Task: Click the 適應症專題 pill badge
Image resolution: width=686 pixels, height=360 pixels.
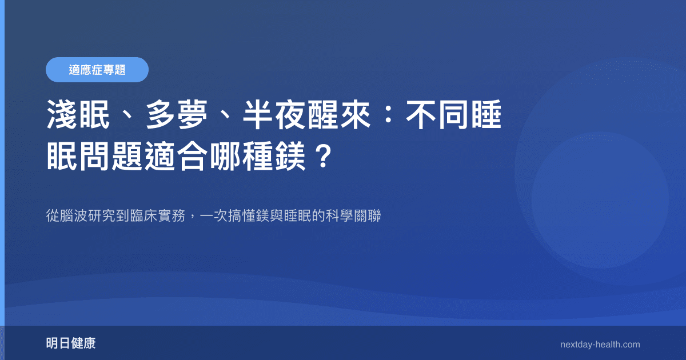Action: [97, 70]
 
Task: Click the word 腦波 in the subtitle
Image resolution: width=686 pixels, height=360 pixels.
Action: [74, 217]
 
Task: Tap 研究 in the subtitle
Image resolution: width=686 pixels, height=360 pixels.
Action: [101, 217]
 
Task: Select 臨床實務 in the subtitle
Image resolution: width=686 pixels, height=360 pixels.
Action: [157, 217]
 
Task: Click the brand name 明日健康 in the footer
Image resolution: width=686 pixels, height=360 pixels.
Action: [71, 344]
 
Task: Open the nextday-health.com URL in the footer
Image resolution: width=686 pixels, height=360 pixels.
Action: [600, 345]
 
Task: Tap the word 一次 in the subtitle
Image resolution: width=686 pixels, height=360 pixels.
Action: [212, 217]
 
